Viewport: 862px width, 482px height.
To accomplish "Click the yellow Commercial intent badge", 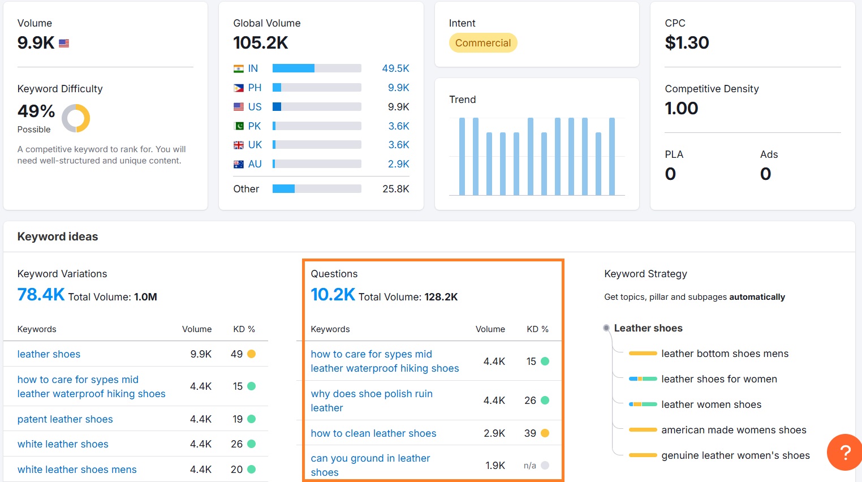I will (x=482, y=43).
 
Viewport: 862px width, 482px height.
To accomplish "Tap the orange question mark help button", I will (x=844, y=452).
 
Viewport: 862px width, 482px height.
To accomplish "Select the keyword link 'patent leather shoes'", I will (x=65, y=419).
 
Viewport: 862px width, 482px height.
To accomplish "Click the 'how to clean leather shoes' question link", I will (x=373, y=433).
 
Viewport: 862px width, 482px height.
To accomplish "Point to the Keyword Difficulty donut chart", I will (x=76, y=118).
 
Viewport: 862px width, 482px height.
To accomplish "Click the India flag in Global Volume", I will (x=239, y=68).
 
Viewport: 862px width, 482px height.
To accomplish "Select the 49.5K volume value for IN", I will (x=395, y=68).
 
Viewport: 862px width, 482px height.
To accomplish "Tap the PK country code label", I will (x=255, y=126).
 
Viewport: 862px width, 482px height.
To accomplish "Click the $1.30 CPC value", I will (x=687, y=43).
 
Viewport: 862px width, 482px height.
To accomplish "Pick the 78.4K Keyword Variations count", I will (x=41, y=295).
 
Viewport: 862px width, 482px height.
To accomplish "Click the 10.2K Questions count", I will (x=333, y=295).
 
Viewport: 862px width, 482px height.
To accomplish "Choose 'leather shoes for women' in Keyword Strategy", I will (x=719, y=379).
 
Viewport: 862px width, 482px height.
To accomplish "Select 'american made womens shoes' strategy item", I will (x=734, y=430).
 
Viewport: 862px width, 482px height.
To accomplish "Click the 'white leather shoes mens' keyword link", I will (x=77, y=470).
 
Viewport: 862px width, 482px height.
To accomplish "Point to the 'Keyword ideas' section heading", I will (x=58, y=236).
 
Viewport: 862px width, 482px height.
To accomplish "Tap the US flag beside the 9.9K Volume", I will (x=64, y=43).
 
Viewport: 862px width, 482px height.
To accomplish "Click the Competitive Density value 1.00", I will (x=682, y=108).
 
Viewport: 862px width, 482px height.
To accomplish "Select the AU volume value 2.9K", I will (x=398, y=164).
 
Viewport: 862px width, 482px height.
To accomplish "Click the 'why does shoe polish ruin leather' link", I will (x=372, y=401).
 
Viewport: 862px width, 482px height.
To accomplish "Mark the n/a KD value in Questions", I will (x=530, y=466).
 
